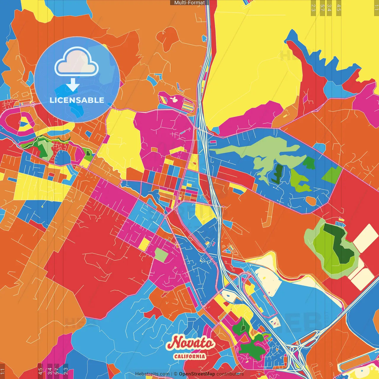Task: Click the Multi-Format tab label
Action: tap(189, 2)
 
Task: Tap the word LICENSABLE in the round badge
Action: tap(77, 100)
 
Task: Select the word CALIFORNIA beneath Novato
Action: tap(189, 356)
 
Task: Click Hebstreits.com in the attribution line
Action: tap(152, 374)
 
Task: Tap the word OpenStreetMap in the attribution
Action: tap(197, 374)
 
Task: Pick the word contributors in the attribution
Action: tap(230, 374)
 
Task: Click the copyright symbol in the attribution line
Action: tap(176, 374)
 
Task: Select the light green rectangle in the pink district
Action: tap(161, 255)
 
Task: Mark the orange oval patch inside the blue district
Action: tap(311, 201)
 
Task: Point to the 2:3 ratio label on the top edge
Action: tap(313, 7)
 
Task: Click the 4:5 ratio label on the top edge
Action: tap(339, 7)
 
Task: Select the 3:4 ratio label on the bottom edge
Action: tap(50, 371)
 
